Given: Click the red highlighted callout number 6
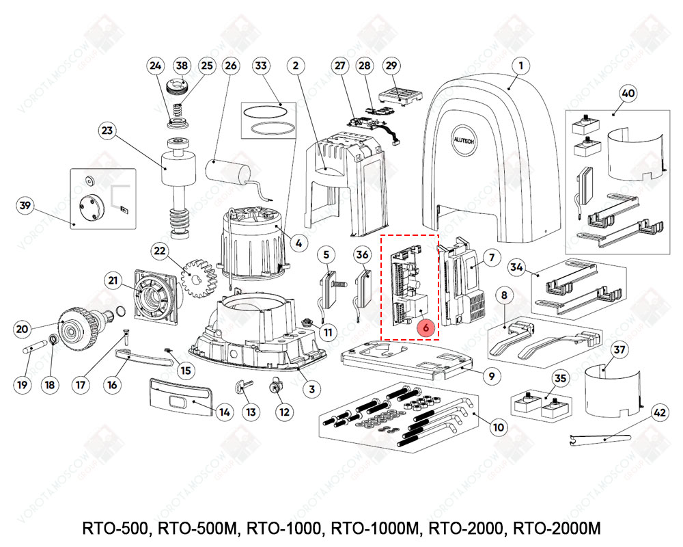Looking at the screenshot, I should coord(426,329).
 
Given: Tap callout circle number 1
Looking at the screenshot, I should coord(520,66).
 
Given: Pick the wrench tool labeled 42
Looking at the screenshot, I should coord(601,438).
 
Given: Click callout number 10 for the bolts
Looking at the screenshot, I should coord(499,427).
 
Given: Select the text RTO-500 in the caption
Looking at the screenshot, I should coord(117,529).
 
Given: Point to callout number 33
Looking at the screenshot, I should coord(261,66).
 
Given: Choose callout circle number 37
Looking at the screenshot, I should coord(619,351).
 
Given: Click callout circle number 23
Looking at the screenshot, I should coord(107,130).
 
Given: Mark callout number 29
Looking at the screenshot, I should coord(391,66).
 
